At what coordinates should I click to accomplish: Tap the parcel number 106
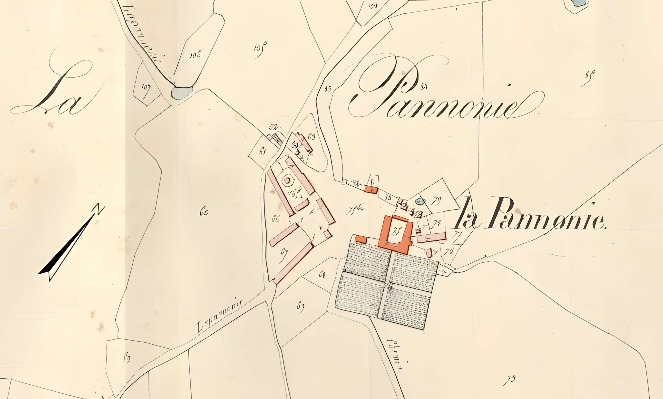(x=195, y=55)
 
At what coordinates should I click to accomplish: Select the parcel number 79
(x=437, y=200)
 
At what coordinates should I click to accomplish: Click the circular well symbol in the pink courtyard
(x=287, y=180)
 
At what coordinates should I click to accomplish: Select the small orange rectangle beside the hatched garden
(x=361, y=239)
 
